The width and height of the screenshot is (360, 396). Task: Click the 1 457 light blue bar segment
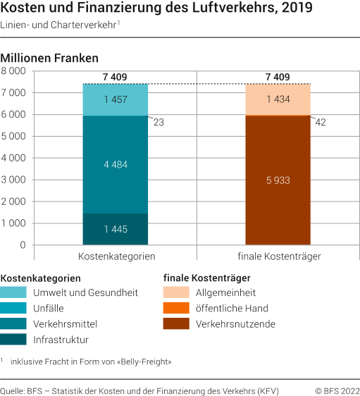click(116, 100)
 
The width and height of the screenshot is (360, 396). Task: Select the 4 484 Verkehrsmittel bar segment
click(116, 165)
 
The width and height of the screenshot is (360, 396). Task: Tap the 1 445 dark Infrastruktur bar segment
click(116, 229)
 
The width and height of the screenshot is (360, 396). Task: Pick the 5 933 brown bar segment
click(278, 180)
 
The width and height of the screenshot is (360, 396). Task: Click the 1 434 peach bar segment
click(278, 100)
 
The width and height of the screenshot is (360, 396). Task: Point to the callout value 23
click(159, 123)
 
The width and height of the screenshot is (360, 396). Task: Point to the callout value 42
click(321, 123)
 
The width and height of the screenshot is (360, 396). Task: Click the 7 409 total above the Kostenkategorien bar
click(116, 77)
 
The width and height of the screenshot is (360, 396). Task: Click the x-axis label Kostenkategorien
click(116, 256)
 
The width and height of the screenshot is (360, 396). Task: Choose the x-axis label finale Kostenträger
click(278, 256)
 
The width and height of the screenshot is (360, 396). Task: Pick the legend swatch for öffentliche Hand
click(175, 308)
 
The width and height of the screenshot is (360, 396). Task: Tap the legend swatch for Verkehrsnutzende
click(175, 324)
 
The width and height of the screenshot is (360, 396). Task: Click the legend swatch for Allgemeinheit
click(175, 292)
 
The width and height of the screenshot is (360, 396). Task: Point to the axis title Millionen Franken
click(50, 57)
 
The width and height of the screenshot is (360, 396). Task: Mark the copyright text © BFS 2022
click(337, 390)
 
